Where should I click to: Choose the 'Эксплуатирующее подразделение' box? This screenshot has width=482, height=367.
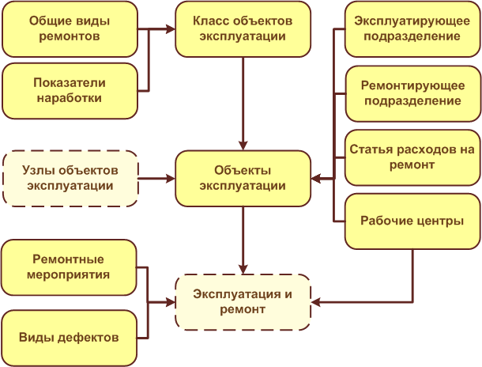point(412,28)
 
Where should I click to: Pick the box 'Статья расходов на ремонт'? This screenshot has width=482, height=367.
point(412,157)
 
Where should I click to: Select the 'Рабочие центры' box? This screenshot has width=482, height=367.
point(412,220)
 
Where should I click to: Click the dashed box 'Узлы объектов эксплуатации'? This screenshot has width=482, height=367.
point(70,178)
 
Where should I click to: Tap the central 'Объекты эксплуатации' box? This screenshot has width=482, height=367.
point(242,178)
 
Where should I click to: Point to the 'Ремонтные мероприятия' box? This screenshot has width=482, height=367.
point(70,267)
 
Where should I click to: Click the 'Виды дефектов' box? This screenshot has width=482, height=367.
point(70,338)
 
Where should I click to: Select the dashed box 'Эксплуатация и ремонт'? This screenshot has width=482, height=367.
point(242,302)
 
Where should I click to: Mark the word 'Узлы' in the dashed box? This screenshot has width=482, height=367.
point(40,171)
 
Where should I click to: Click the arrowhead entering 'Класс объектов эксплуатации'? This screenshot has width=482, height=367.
point(168,29)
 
